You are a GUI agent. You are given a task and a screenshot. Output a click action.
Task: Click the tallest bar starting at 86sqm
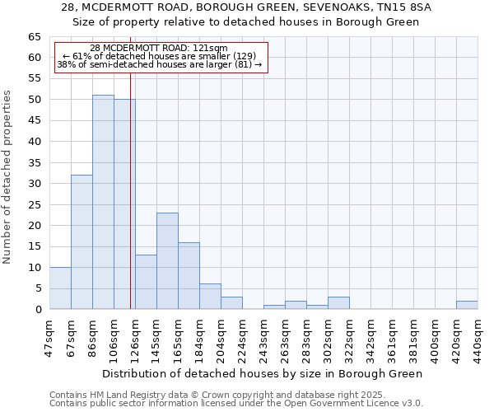pos(103,202)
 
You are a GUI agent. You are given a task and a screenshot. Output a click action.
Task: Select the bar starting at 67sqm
pos(82,242)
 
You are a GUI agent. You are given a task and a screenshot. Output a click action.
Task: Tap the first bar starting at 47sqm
pos(60,288)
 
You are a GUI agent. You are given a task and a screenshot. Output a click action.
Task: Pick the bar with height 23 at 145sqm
pos(167,261)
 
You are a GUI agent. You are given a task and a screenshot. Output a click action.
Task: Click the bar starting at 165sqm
pos(189,276)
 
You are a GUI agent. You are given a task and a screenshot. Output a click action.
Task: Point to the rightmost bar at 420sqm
pos(467,305)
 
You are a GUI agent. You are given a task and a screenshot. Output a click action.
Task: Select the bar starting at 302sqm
pos(338,303)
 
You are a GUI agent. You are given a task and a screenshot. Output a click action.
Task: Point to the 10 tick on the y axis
pos(34,268)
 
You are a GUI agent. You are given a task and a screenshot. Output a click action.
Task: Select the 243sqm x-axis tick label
pos(264,335)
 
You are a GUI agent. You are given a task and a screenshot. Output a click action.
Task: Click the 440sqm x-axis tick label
pos(478,335)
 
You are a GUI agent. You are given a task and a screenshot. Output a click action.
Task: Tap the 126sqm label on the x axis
pos(136,335)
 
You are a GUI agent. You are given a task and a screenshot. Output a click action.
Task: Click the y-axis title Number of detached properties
pos(8,177)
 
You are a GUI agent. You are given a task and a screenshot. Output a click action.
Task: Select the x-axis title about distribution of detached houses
pos(263,374)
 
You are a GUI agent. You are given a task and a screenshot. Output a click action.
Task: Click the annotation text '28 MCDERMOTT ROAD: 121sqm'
pos(159,48)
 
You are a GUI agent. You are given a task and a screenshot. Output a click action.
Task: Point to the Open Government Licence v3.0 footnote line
pos(236,404)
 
